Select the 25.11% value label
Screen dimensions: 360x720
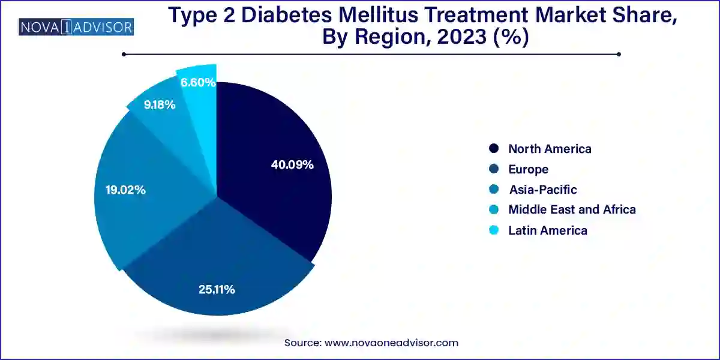(217, 289)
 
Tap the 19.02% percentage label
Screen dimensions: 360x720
(122, 190)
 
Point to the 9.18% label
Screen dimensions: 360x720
(160, 105)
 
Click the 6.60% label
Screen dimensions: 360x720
(198, 83)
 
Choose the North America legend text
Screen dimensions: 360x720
(550, 149)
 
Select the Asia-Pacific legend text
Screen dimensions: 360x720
(542, 190)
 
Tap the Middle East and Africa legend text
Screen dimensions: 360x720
(572, 209)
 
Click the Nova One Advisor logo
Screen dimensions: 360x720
(76, 27)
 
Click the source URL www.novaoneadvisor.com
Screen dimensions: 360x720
(391, 343)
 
